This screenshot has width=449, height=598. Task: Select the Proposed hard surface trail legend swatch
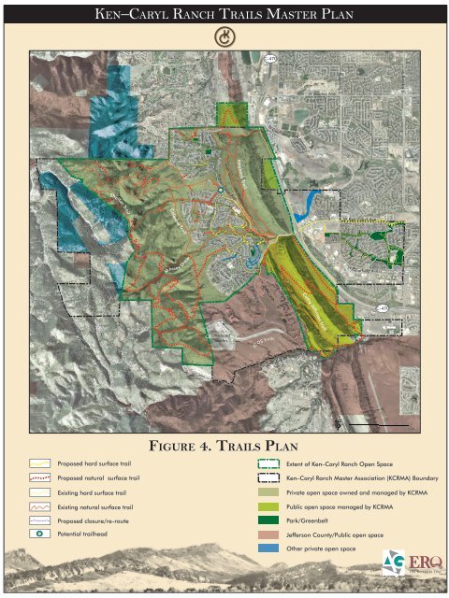pyautogui.click(x=39, y=463)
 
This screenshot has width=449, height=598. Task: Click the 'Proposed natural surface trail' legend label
pyautogui.click(x=98, y=477)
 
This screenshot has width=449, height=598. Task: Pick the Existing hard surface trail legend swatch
pyautogui.click(x=39, y=491)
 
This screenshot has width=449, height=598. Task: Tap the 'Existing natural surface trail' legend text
pyautogui.click(x=97, y=505)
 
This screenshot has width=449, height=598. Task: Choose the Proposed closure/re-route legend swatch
pyautogui.click(x=39, y=520)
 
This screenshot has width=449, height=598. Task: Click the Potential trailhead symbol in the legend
pyautogui.click(x=39, y=534)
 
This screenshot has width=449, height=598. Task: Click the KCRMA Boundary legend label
pyautogui.click(x=356, y=477)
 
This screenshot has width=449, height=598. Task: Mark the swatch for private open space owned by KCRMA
pyautogui.click(x=269, y=492)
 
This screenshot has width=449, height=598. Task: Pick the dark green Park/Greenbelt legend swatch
pyautogui.click(x=269, y=520)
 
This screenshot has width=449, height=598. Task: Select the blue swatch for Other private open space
pyautogui.click(x=269, y=549)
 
